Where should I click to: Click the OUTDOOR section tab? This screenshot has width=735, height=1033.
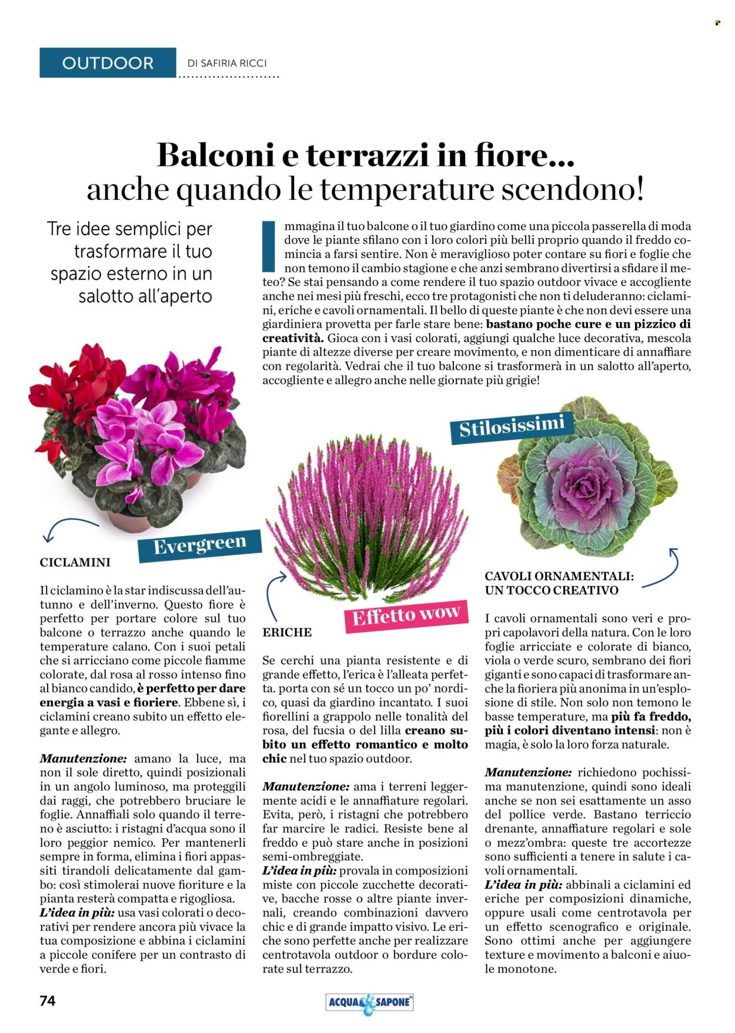pos(108,63)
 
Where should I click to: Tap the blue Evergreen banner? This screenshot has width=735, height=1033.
pos(199,545)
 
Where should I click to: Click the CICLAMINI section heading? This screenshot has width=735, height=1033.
pos(75,563)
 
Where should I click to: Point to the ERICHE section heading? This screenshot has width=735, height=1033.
pos(287,633)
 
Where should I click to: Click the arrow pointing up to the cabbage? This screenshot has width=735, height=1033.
pos(663,567)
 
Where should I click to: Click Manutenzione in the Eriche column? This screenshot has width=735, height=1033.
pos(305,787)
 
